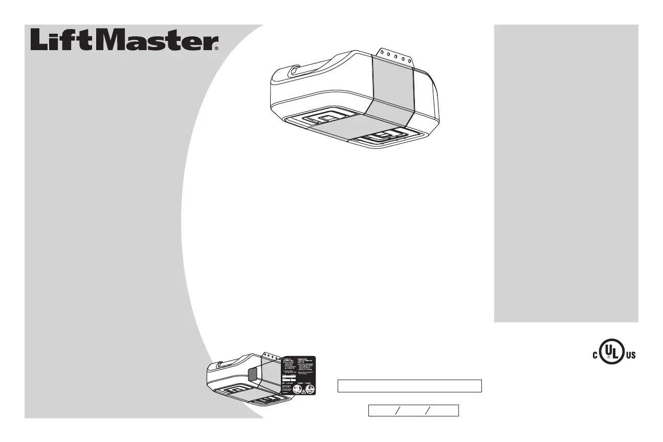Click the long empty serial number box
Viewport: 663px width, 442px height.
point(410,386)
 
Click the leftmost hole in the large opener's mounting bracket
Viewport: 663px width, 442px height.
point(381,52)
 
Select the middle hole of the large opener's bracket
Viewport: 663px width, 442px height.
point(395,56)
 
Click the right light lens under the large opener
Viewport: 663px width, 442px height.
point(387,137)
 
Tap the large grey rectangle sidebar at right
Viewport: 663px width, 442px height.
point(566,173)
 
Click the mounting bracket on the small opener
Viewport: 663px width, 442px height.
point(271,356)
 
